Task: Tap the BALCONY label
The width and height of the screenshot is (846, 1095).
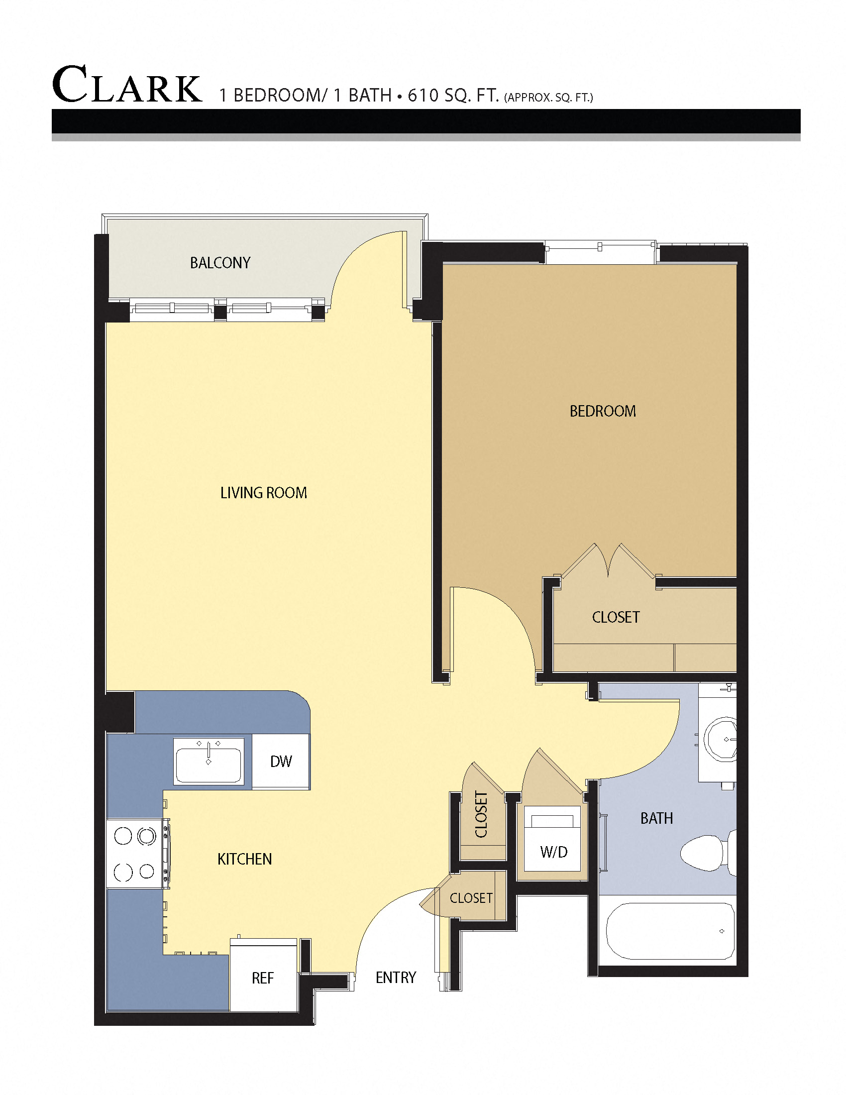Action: click(x=220, y=263)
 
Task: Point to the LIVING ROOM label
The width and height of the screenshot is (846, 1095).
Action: click(x=264, y=493)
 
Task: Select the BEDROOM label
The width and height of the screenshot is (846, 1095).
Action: click(x=603, y=411)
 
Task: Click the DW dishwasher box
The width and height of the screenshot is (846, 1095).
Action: click(x=281, y=762)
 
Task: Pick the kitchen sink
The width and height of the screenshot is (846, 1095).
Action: click(x=209, y=761)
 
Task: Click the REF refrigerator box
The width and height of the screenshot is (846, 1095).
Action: click(x=263, y=978)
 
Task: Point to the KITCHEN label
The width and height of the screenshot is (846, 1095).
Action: click(x=244, y=860)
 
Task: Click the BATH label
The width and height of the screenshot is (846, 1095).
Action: click(x=656, y=819)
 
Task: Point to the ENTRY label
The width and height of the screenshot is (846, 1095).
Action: click(x=396, y=977)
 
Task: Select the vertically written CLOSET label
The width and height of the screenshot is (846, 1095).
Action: click(x=481, y=815)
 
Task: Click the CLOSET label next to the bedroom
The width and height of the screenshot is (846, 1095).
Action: click(x=616, y=617)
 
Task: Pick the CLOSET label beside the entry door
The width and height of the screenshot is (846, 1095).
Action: click(x=471, y=898)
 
